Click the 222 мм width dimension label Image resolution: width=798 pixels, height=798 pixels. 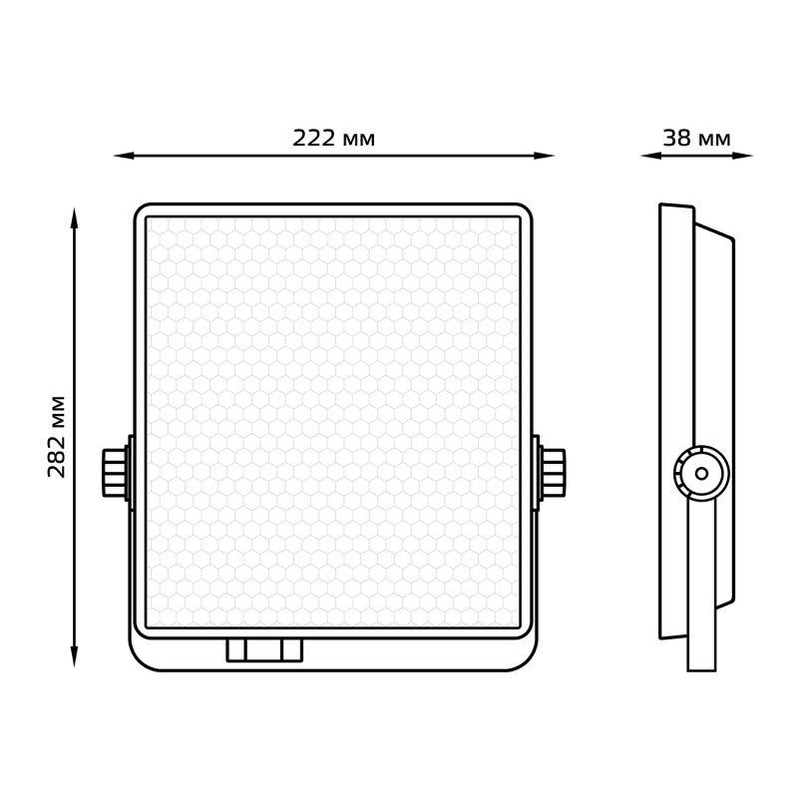[x=333, y=139]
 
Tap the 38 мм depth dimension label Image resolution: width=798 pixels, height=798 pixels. [x=696, y=139]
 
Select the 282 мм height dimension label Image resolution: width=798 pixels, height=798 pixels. [x=57, y=436]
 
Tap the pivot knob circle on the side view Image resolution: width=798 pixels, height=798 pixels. [x=700, y=473]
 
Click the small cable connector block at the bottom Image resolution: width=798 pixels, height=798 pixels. [x=264, y=649]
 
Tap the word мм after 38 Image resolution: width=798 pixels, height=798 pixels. [x=714, y=139]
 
